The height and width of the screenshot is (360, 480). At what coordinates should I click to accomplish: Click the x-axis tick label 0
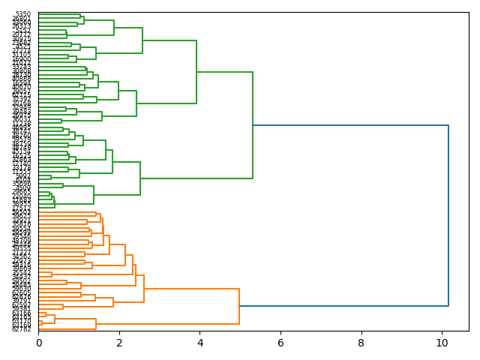point(39,343)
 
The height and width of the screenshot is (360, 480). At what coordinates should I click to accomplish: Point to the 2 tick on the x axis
point(119,343)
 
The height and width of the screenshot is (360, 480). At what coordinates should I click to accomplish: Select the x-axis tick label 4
point(200,343)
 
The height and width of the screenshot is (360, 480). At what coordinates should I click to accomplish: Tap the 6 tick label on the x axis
point(280,343)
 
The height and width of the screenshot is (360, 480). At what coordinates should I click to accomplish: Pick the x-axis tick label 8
point(361,343)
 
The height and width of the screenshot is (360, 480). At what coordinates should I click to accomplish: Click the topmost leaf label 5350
point(23,14)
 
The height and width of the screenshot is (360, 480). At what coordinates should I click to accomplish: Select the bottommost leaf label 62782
point(22,328)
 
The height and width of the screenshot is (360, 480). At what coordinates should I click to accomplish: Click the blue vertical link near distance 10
point(448,215)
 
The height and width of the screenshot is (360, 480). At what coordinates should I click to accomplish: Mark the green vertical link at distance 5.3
point(253,125)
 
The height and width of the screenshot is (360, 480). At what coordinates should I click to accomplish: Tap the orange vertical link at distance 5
point(239,306)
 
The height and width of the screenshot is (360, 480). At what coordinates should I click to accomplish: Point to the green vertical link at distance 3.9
point(196,72)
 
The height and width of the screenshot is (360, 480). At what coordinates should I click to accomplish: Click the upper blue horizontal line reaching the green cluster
point(350,125)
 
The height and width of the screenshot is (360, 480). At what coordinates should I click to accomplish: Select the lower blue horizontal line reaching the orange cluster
point(343,306)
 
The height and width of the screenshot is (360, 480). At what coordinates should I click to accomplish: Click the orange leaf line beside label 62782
point(67,328)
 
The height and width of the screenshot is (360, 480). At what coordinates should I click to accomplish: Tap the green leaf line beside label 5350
point(59,14)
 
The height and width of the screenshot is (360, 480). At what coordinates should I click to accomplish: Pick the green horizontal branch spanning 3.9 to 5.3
point(224,72)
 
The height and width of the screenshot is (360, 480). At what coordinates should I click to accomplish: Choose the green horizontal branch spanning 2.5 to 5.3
point(196,178)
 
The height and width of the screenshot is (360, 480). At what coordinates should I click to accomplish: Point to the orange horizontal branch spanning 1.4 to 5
point(167,324)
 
